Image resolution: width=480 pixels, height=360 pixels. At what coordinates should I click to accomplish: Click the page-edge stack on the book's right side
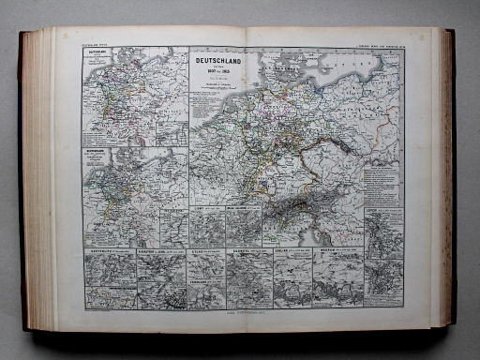442,178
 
